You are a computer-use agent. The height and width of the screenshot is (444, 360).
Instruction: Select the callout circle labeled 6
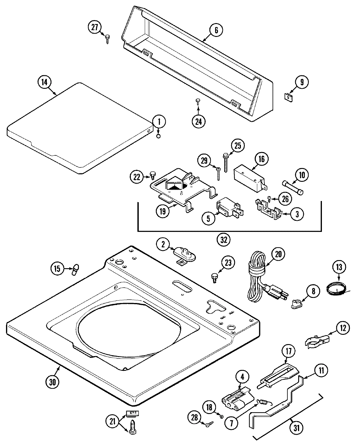pyautogui.click(x=216, y=30)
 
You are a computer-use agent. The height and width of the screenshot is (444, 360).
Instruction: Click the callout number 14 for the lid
pyautogui.click(x=44, y=82)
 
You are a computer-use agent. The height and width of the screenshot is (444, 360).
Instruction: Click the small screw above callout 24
pyautogui.click(x=198, y=101)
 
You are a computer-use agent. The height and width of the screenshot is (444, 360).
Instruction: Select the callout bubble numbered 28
pyautogui.click(x=195, y=417)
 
